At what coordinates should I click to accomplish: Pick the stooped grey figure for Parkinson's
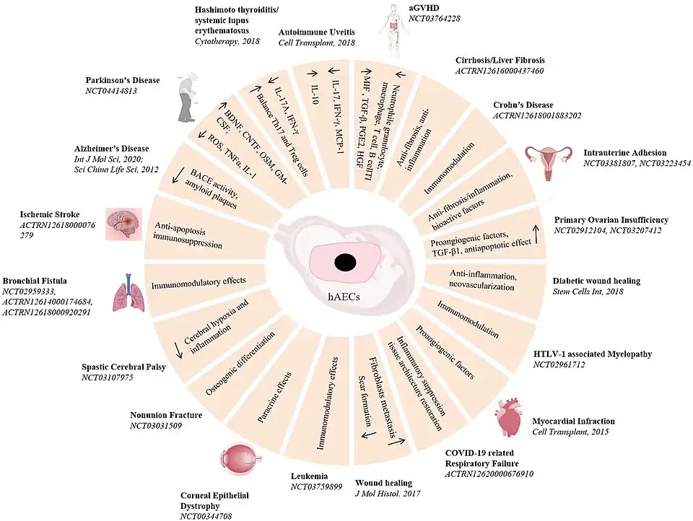click(x=178, y=97)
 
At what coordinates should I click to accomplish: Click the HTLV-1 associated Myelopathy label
click(x=592, y=354)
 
